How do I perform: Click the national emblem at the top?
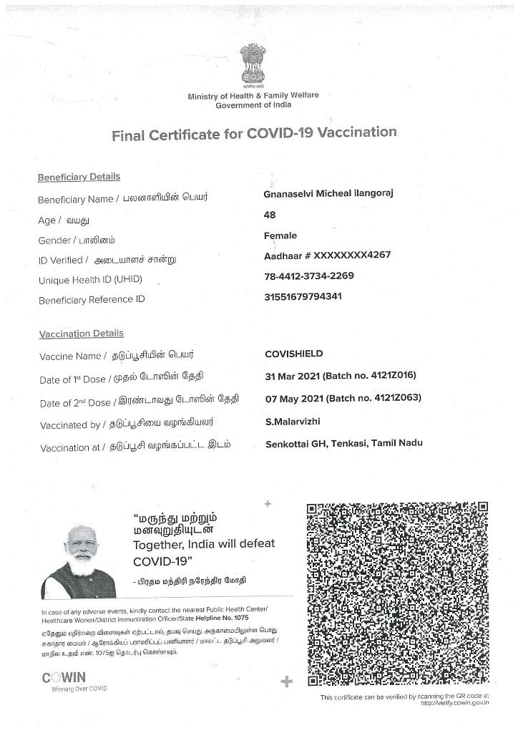(253, 65)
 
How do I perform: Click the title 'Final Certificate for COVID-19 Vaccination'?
(254, 134)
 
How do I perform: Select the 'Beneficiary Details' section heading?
(79, 177)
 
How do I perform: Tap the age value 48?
(270, 215)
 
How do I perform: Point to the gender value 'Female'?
(280, 236)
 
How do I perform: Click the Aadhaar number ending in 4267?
(327, 256)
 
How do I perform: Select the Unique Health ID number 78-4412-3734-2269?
(309, 276)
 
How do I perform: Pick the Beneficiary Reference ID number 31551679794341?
(303, 296)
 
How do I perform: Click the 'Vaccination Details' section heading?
(81, 334)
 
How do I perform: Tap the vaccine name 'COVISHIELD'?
(294, 354)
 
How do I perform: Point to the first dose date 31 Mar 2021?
(293, 376)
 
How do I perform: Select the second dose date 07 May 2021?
(293, 398)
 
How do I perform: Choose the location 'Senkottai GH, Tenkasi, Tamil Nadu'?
(343, 444)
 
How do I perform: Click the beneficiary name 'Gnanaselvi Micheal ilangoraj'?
(328, 194)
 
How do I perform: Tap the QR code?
(397, 593)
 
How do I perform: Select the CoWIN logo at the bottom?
(64, 678)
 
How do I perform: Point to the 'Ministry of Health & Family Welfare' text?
(253, 96)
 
